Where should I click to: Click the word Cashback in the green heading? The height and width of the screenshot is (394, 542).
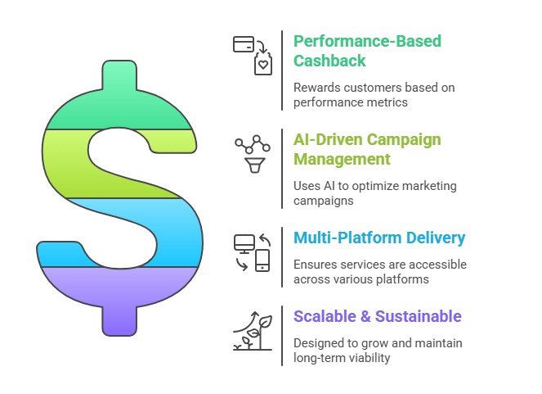[x=329, y=61]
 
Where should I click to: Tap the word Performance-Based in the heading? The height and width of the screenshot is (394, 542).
[x=367, y=41]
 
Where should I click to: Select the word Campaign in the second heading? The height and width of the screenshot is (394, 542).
[x=404, y=139]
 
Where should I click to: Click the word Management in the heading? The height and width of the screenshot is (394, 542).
[x=342, y=159]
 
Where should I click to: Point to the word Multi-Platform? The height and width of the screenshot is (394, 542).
[x=347, y=238]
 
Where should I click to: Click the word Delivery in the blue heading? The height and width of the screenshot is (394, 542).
[x=436, y=238]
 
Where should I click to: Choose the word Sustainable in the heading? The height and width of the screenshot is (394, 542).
[x=419, y=316]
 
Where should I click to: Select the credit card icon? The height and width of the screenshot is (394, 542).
[x=244, y=44]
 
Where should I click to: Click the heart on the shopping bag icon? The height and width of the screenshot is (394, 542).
[x=263, y=65]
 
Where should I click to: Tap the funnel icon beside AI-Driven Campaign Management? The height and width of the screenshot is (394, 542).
[x=255, y=165]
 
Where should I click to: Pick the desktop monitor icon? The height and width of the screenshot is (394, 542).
[x=244, y=244]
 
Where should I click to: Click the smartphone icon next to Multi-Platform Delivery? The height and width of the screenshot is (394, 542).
[x=262, y=260]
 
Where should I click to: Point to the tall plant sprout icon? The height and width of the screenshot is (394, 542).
[x=262, y=333]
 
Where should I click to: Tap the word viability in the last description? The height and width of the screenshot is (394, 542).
[x=370, y=358]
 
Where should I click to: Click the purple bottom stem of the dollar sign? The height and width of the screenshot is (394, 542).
[x=119, y=321]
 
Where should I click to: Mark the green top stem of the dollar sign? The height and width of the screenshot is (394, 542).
[x=119, y=75]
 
